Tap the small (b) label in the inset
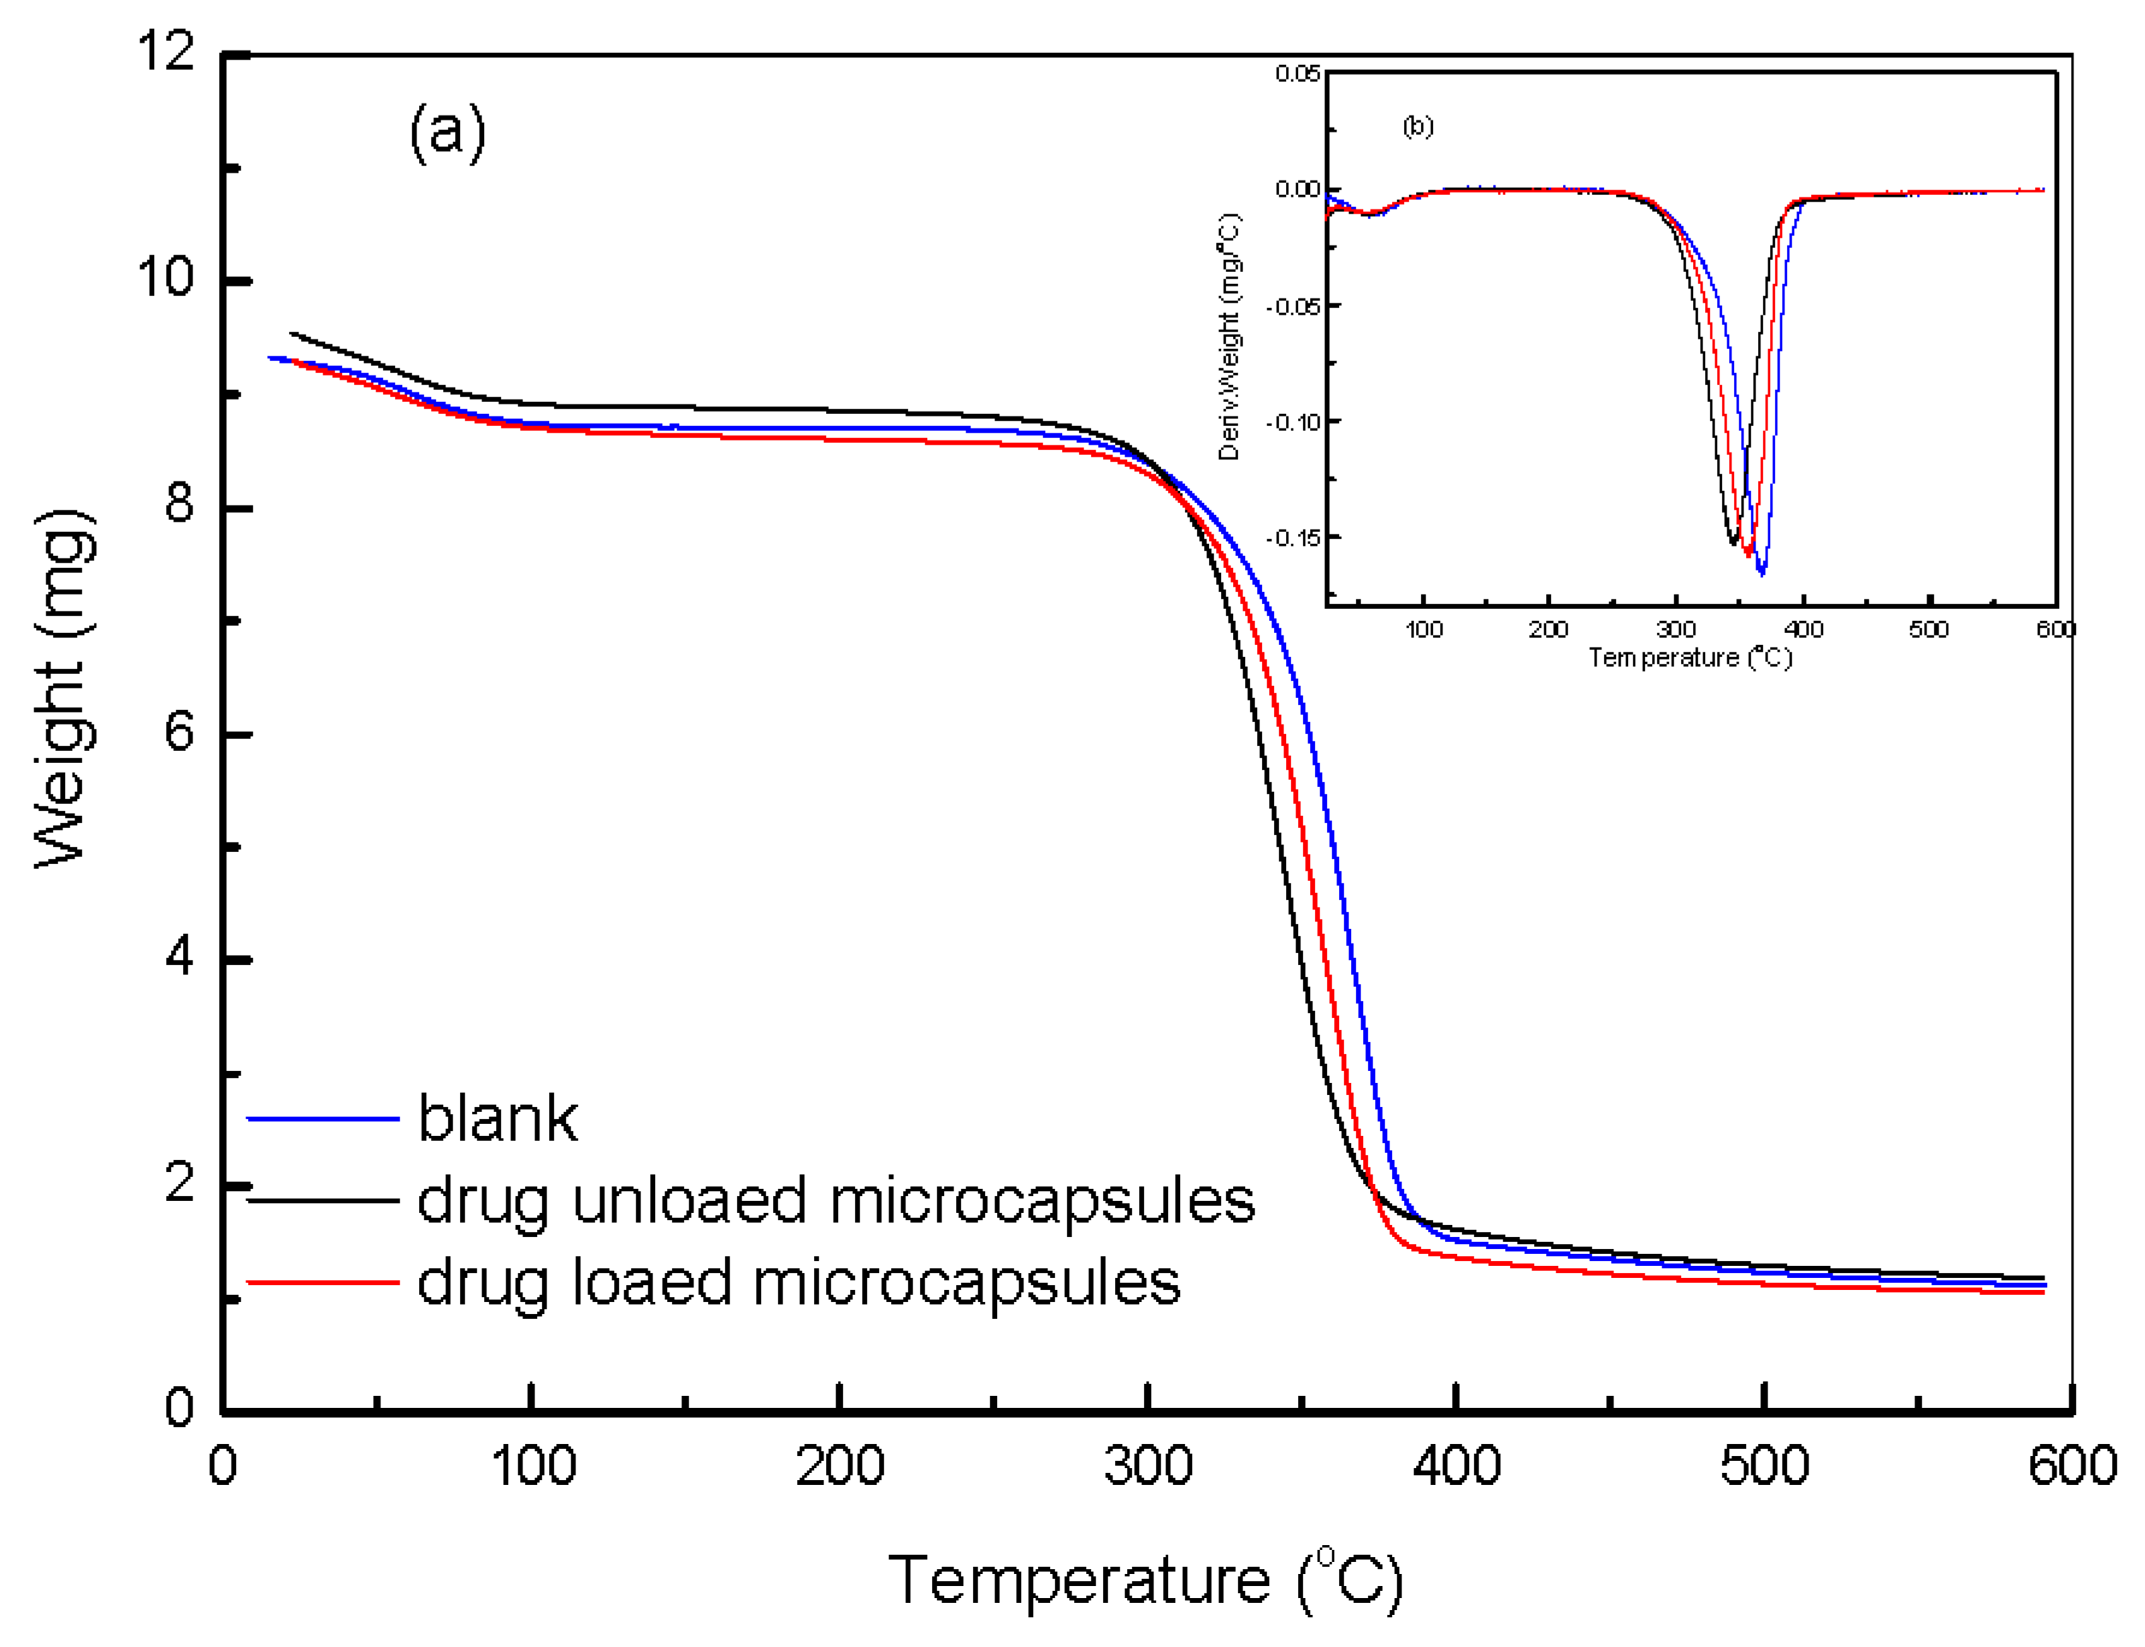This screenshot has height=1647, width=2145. coord(1417,127)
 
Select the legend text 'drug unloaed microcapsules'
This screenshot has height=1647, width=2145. coord(836,1201)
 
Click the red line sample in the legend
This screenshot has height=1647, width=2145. coord(323,1281)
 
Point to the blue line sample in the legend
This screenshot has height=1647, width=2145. coord(323,1118)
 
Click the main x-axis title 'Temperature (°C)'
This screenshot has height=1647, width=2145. coord(1146,1580)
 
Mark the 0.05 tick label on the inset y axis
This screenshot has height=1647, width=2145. coord(1296,74)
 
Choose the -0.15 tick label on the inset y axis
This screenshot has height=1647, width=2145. coord(1292,538)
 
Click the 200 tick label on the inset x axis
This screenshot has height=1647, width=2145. coord(1548,630)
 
